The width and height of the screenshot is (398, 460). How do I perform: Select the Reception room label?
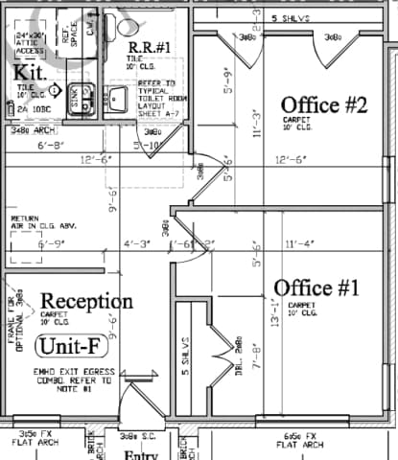[x=86, y=301]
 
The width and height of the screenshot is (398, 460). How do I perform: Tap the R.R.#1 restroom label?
[x=150, y=47]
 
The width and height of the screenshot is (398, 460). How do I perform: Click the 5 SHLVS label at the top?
[x=292, y=18]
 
